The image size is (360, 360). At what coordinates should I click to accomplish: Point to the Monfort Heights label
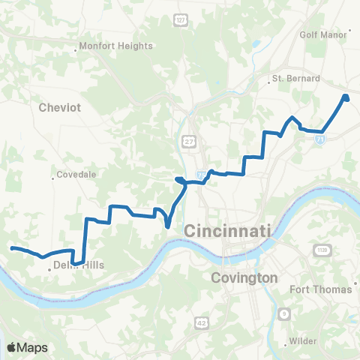click(x=116, y=46)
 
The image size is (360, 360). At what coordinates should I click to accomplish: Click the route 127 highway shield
click(x=180, y=20)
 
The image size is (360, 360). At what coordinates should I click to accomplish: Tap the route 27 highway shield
click(x=187, y=140)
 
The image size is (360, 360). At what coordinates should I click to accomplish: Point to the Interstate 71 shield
click(x=321, y=139)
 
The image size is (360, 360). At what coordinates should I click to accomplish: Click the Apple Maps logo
click(x=28, y=347)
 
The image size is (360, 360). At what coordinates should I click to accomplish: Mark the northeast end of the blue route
click(x=346, y=97)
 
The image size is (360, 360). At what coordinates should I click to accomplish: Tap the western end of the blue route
click(x=13, y=248)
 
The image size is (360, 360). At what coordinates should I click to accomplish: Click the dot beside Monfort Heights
click(x=77, y=50)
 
